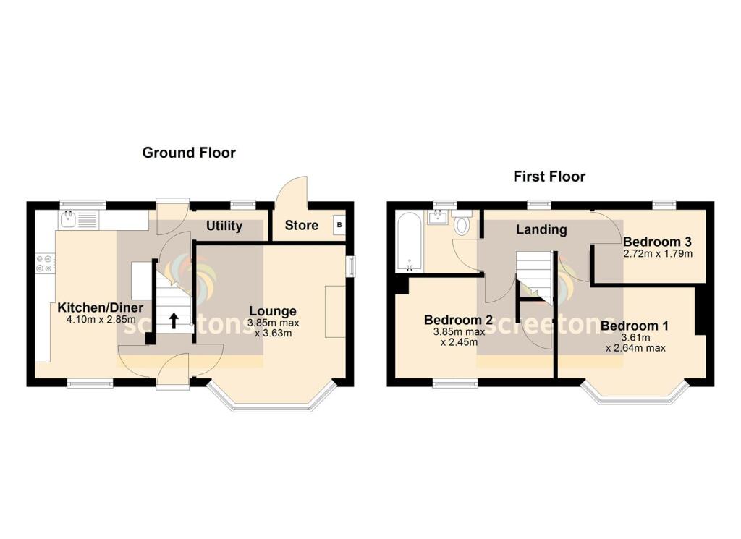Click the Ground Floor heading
pos(188,153)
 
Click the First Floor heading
pos(549,177)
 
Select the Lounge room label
pos(272,312)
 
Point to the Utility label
pos(224,226)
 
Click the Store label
pos(301,225)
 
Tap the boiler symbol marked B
pos(339,225)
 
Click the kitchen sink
pos(70,218)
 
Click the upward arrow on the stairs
pos(174,319)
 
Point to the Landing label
pos(541,230)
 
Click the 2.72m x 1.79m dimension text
pos(658,254)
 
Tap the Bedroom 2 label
pos(458,320)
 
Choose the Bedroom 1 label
pos(634,326)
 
